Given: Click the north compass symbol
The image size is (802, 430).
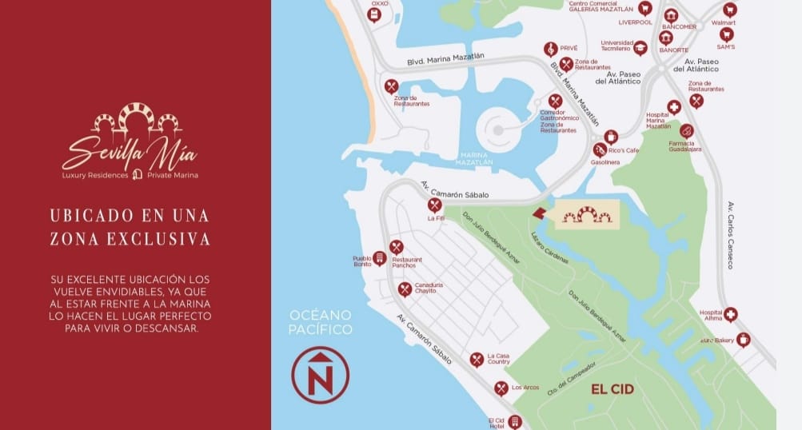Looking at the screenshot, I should [320, 374].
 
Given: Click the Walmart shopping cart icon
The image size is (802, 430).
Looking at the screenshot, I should [729, 10].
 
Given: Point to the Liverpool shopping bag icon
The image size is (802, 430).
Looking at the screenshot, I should [644, 8].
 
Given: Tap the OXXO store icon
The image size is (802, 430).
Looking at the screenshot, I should [374, 14].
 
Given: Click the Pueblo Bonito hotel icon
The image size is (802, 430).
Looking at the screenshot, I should [380, 258].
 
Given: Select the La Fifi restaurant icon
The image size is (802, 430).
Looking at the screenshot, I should [435, 205].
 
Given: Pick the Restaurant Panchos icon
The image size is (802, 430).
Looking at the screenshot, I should [396, 247].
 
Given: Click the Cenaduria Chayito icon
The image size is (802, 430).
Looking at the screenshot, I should [405, 289].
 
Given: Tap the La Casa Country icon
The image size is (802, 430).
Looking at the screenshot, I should [477, 360].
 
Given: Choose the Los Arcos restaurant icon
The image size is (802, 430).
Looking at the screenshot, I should [501, 388].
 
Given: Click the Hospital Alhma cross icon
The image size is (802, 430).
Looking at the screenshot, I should [730, 314].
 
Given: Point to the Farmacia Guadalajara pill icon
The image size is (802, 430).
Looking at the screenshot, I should [686, 130].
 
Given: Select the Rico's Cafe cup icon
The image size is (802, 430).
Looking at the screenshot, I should [611, 137].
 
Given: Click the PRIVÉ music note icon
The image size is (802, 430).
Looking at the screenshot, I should [550, 49].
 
